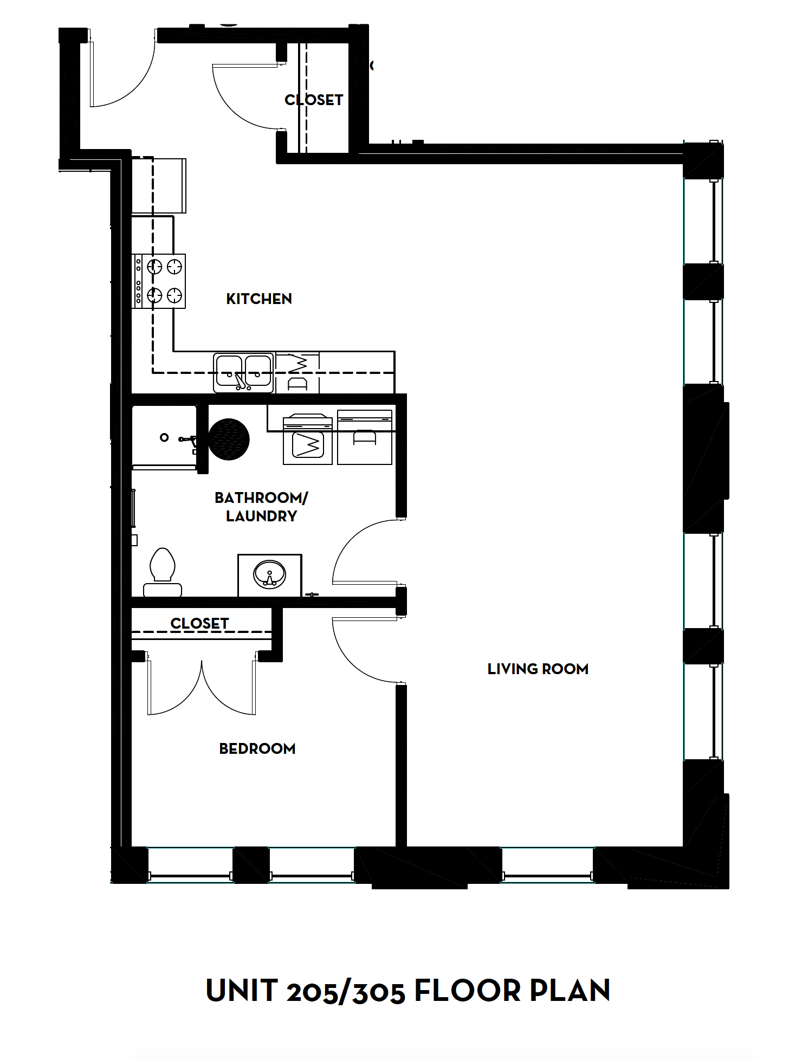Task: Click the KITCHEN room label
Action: coord(258,299)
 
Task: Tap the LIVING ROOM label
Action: coord(538,669)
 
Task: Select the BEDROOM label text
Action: coord(257,748)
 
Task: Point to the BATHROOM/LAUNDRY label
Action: coord(261,507)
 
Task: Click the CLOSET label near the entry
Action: coord(314,100)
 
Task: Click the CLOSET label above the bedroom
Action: coord(199,623)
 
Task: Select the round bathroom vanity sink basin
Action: coord(269,574)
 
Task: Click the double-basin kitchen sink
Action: coord(243,372)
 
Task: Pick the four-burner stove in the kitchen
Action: coord(160,281)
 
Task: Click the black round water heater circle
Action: coord(229,439)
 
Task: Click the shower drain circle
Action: coord(164,437)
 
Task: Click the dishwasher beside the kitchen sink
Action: coord(297,373)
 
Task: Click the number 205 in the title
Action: coord(314,992)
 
